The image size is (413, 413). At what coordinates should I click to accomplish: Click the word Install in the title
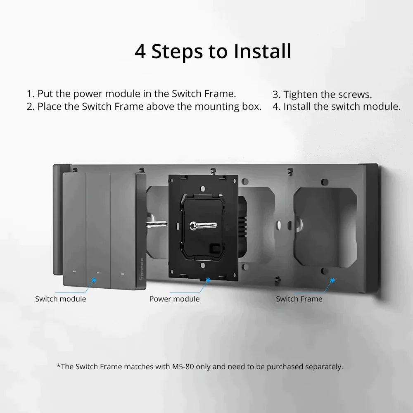pyautogui.click(x=263, y=52)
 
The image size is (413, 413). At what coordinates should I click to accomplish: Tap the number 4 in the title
pyautogui.click(x=140, y=52)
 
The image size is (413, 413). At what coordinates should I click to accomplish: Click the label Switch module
pyautogui.click(x=61, y=299)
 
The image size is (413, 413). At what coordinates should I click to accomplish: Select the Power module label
pyautogui.click(x=174, y=299)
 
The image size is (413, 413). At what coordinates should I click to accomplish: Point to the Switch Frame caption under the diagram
pyautogui.click(x=299, y=299)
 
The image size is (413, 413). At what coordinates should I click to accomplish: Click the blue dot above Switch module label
pyautogui.click(x=94, y=280)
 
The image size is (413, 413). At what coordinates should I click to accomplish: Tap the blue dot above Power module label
pyautogui.click(x=208, y=280)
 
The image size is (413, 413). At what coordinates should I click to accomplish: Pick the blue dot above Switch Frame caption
pyautogui.click(x=332, y=280)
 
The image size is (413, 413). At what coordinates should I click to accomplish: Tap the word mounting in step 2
pyautogui.click(x=215, y=107)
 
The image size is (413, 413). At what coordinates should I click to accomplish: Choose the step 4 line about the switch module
pyautogui.click(x=337, y=107)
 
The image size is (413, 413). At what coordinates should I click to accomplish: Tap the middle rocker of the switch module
pyautogui.click(x=98, y=227)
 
